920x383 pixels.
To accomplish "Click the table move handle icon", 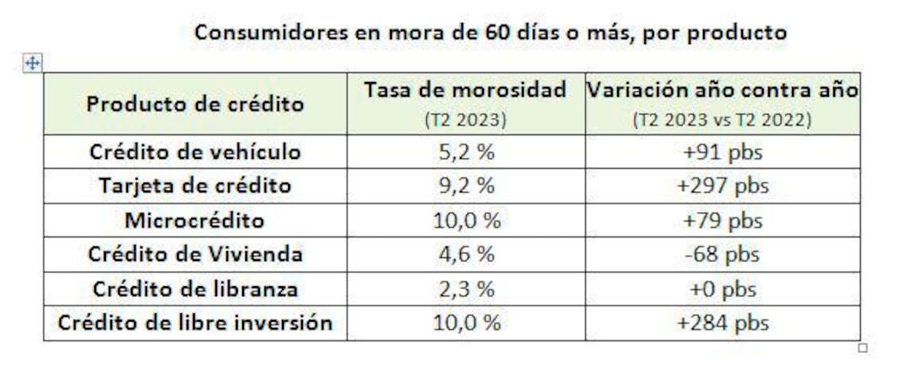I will coord(32,64).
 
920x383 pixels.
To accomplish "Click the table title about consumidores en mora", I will coord(490,33).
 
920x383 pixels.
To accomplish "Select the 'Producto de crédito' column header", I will coord(195,104).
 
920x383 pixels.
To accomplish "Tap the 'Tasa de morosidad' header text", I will coord(465,90).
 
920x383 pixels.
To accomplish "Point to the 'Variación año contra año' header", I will coord(722,90).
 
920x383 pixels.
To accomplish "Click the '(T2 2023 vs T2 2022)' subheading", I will coord(722,121).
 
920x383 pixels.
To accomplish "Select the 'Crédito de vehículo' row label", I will coord(195,152).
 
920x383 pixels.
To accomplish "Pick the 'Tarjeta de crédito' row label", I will coord(195,186).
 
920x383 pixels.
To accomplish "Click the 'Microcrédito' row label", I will coord(195,221).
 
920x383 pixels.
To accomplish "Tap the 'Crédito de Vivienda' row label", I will coord(195,255).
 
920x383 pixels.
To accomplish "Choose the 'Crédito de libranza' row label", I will coord(195,289).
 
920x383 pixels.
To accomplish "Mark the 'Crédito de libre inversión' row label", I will coord(195,323).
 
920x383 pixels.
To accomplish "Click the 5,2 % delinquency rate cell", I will coord(465,152).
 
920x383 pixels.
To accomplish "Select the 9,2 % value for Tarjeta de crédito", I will coord(465,186).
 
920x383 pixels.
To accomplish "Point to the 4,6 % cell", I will coord(465,255).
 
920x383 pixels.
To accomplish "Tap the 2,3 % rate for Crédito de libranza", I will coord(465,289).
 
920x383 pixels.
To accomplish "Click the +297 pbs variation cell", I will coord(722,186).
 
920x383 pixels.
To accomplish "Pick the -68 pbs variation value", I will coord(722,255).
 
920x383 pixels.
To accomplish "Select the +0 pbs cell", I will coord(722,289).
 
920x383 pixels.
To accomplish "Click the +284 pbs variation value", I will coord(722,323).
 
